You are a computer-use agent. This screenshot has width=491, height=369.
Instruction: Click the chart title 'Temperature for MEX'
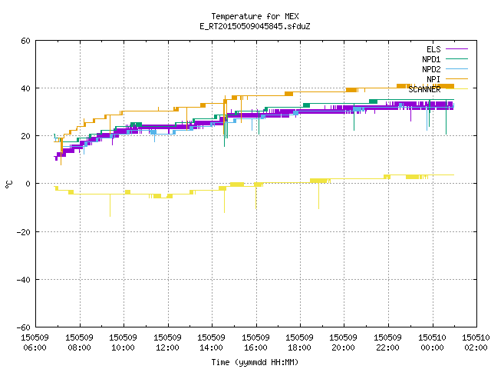pyautogui.click(x=255, y=16)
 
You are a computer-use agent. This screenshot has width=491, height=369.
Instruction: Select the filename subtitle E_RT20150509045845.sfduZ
pyautogui.click(x=255, y=26)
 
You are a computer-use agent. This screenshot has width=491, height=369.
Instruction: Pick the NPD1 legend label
pyautogui.click(x=431, y=59)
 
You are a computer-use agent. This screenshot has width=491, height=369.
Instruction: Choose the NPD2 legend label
pyautogui.click(x=431, y=69)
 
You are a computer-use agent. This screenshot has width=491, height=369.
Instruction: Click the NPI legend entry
pyautogui.click(x=433, y=79)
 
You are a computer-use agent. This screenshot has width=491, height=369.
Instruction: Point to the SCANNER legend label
pyautogui.click(x=424, y=89)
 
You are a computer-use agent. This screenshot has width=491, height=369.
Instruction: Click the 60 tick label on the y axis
pyautogui.click(x=25, y=41)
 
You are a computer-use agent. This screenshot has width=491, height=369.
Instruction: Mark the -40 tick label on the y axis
pyautogui.click(x=24, y=280)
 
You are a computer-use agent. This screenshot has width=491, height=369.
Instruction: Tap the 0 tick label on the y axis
pyautogui.click(x=28, y=184)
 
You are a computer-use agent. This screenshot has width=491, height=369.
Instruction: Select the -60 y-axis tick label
pyautogui.click(x=24, y=327)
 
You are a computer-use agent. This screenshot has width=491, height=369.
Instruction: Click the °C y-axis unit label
pyautogui.click(x=8, y=184)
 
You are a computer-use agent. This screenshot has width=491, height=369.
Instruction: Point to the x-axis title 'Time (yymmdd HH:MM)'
pyautogui.click(x=255, y=362)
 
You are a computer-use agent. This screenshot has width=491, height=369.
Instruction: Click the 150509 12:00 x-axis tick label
pyautogui.click(x=167, y=343)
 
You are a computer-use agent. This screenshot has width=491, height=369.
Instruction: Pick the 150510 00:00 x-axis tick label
pyautogui.click(x=432, y=343)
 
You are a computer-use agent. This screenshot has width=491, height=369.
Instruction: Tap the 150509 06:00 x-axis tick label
pyautogui.click(x=35, y=343)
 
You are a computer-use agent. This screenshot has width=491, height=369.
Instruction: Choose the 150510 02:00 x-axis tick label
pyautogui.click(x=476, y=343)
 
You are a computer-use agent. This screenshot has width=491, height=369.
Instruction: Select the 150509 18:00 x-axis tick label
pyautogui.click(x=300, y=343)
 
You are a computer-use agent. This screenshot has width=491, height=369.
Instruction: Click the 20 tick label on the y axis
pyautogui.click(x=25, y=136)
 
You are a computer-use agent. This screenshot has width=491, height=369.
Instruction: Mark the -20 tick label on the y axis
pyautogui.click(x=24, y=232)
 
